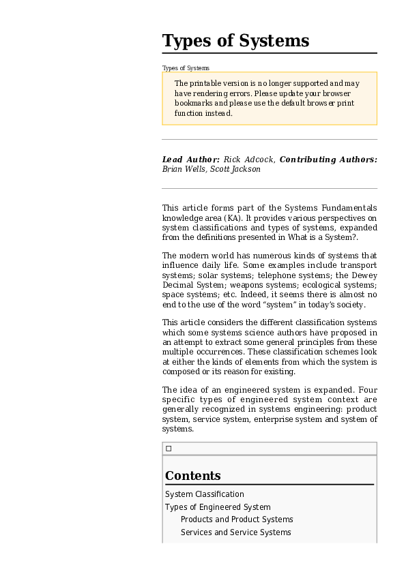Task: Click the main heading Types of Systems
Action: click(235, 41)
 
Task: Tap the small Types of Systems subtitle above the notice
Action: click(186, 68)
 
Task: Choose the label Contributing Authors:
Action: click(328, 160)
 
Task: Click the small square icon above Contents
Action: click(169, 449)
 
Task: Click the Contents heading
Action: click(192, 476)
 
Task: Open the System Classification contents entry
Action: click(204, 494)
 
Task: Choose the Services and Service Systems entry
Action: click(235, 532)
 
